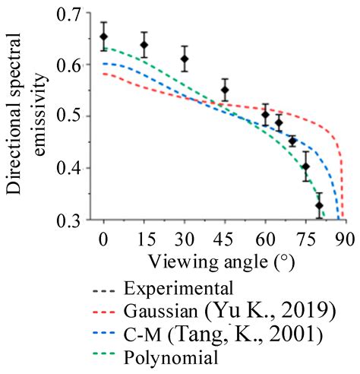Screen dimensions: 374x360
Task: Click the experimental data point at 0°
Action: point(103,36)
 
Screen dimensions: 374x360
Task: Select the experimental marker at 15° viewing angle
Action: point(144,46)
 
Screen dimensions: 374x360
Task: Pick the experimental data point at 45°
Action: point(225,90)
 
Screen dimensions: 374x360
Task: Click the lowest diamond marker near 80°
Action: point(319,205)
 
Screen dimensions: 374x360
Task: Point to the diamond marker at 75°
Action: point(306,166)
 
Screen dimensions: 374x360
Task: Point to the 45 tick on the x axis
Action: point(225,239)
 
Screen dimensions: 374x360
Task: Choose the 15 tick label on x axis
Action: point(144,239)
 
